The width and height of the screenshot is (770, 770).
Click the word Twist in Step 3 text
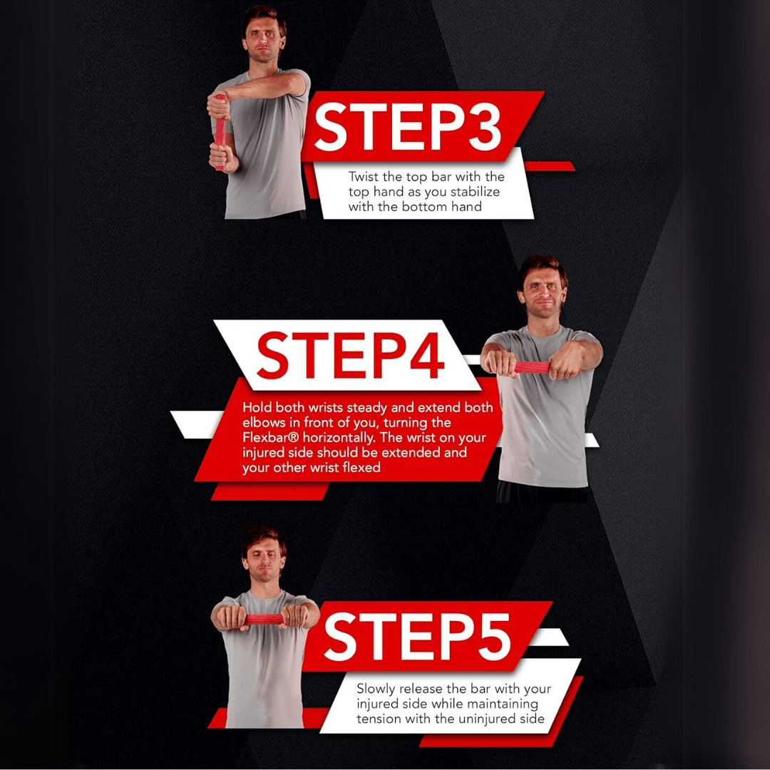click(x=362, y=176)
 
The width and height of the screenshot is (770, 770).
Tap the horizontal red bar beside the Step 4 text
click(x=533, y=368)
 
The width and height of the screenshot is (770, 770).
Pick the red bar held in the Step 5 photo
click(x=265, y=619)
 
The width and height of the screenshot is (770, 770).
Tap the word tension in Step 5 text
click(x=379, y=719)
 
